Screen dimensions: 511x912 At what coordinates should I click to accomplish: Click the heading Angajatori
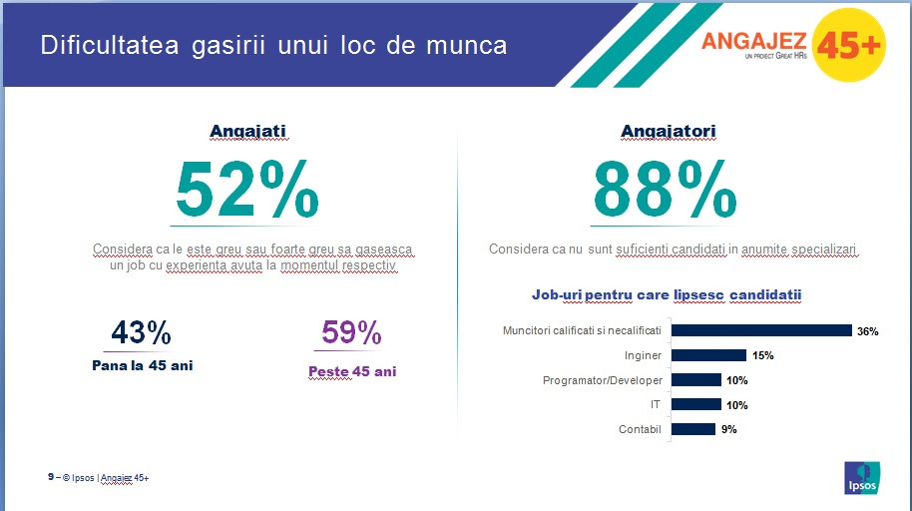(668, 131)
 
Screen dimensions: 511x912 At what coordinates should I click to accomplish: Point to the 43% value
(141, 332)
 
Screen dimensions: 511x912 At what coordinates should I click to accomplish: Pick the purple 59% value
(351, 332)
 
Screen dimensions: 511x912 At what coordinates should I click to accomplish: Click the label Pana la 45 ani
(142, 365)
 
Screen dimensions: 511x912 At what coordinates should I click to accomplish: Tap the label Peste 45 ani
(351, 371)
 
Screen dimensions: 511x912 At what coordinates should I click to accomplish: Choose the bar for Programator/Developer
(695, 380)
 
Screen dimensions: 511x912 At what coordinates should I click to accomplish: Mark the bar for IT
(695, 404)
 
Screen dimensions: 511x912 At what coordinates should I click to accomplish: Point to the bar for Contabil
(692, 429)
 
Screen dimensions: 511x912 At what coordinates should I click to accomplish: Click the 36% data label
(867, 331)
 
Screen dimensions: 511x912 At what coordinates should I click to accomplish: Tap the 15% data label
(762, 355)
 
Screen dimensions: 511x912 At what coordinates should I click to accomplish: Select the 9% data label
(729, 429)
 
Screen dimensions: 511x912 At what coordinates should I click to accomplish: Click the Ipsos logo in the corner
(863, 476)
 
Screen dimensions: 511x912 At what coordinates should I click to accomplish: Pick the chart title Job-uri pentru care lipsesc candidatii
(667, 295)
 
